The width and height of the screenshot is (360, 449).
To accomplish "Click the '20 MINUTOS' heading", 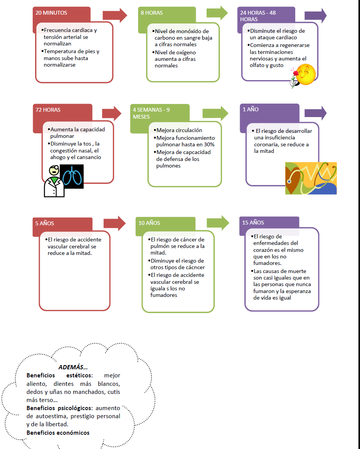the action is click(51, 13).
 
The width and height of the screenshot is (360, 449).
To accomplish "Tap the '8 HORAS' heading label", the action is click(151, 13).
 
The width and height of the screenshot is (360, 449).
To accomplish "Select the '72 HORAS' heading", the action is click(48, 110).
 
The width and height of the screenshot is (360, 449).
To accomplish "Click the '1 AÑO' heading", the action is click(251, 109).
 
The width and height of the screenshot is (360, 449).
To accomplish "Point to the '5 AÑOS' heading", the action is click(44, 223).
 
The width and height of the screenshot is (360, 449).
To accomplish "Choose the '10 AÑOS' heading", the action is click(149, 223).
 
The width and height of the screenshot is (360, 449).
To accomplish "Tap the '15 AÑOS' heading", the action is click(253, 223).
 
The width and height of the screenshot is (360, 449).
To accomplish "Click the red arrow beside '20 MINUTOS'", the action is click(115, 15).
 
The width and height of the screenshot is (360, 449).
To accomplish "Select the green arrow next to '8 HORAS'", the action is click(217, 13).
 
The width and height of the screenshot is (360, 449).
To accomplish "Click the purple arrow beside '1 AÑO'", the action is click(316, 113).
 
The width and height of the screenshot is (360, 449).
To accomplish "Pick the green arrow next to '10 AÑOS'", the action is click(218, 223).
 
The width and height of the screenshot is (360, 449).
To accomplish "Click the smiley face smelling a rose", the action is click(303, 76).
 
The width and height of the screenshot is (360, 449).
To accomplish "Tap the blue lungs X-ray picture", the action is click(72, 176).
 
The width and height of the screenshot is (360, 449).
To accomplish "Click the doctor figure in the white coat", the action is click(54, 181).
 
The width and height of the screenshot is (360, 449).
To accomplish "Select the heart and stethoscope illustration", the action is click(311, 178).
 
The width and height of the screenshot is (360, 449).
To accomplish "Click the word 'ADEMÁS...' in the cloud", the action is click(73, 367).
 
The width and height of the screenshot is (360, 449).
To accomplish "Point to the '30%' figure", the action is click(209, 145).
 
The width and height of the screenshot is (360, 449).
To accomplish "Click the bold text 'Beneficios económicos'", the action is click(58, 433).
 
